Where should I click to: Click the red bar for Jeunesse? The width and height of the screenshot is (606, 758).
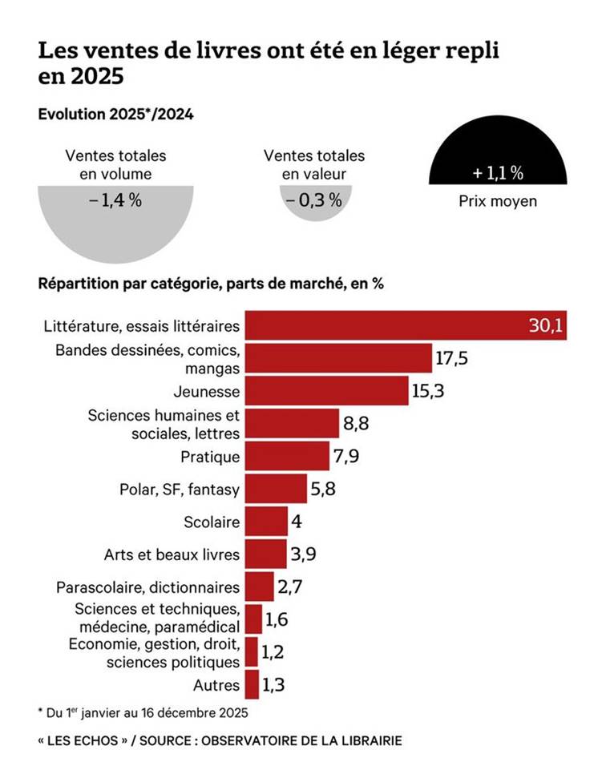click(x=326, y=392)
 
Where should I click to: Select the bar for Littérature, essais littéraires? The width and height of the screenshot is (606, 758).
click(x=405, y=326)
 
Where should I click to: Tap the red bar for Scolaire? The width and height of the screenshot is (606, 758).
click(x=265, y=522)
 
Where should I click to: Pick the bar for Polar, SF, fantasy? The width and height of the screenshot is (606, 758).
click(x=276, y=488)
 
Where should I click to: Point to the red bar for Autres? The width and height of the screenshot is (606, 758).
click(x=252, y=685)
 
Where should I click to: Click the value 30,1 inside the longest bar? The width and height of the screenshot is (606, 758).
click(x=546, y=326)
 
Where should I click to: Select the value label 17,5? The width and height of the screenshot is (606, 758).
click(x=452, y=359)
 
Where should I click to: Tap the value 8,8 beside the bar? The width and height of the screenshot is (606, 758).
click(x=356, y=424)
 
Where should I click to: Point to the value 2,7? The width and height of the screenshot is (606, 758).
click(x=289, y=587)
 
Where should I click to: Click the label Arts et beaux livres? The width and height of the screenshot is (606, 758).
click(x=172, y=554)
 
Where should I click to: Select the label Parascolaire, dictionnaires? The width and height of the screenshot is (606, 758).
click(x=148, y=587)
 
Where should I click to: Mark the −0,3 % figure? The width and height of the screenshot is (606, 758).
click(x=314, y=200)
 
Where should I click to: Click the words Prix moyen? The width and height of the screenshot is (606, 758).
click(x=498, y=201)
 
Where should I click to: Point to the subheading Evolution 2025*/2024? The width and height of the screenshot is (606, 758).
click(x=115, y=114)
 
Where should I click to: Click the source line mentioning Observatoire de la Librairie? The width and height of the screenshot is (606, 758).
click(x=220, y=740)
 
